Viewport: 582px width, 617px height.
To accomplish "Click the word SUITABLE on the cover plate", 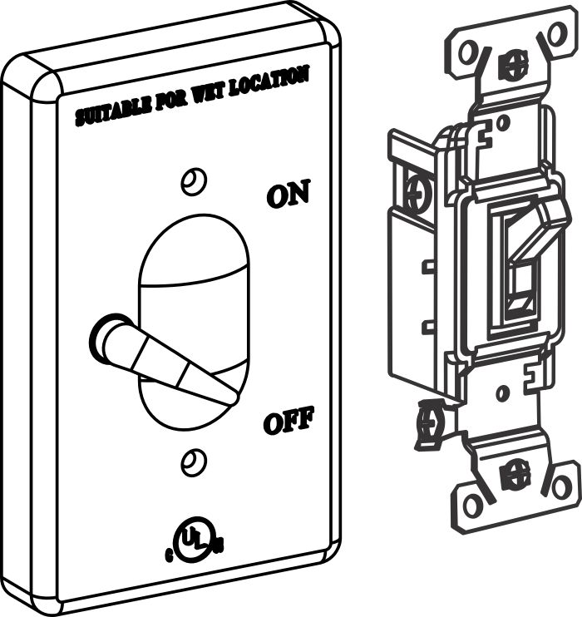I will [112, 109].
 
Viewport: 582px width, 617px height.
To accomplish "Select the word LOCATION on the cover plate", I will [275, 77].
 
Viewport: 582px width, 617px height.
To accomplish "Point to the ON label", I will [288, 195].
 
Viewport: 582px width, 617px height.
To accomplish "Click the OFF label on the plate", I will [288, 422].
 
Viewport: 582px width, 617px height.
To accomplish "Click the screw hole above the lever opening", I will [194, 180].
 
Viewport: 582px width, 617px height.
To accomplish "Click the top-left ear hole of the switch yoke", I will [467, 53].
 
